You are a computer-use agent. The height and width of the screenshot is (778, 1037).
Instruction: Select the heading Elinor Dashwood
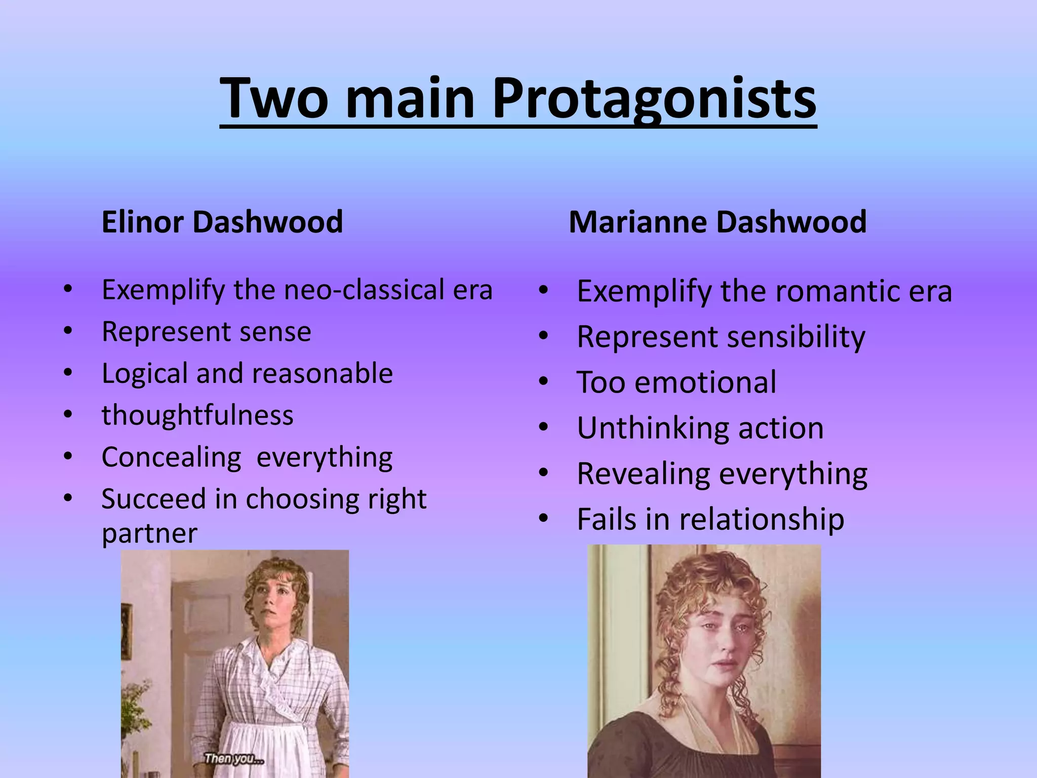222,222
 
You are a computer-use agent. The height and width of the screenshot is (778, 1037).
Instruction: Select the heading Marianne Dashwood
717,222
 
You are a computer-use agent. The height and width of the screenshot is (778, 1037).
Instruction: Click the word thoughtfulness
197,415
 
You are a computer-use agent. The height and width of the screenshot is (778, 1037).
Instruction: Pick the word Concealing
171,457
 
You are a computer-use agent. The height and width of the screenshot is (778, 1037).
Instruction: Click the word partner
149,533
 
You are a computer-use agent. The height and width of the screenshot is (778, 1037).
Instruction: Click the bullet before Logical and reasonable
68,373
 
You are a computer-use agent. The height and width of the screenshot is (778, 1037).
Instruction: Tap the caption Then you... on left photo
233,758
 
